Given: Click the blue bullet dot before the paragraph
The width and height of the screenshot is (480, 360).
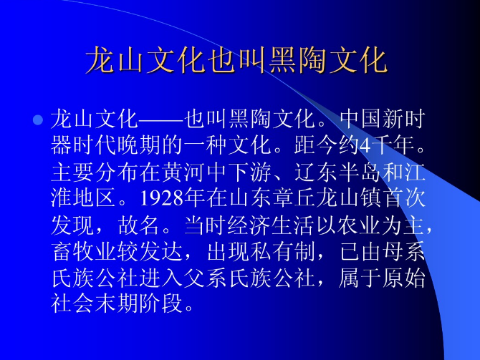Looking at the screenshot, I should click(39, 117).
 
